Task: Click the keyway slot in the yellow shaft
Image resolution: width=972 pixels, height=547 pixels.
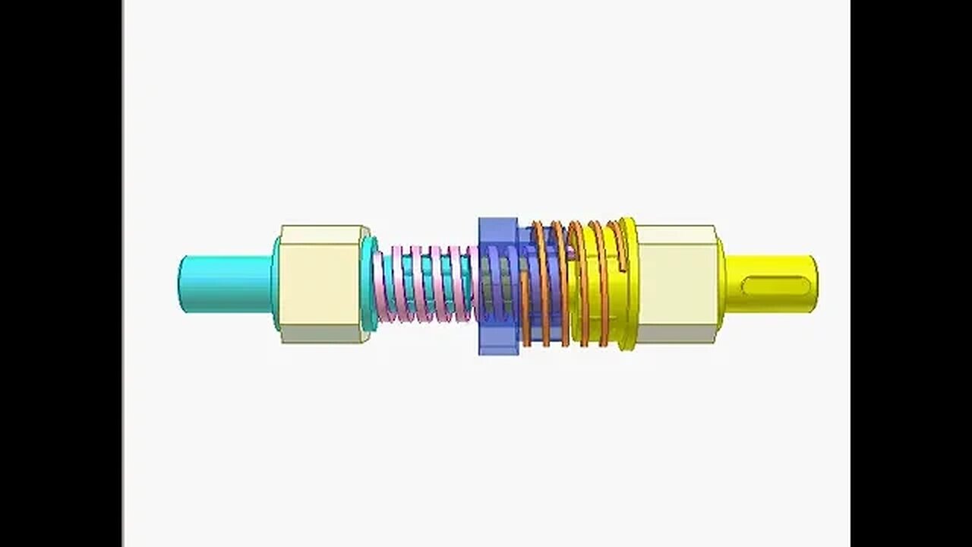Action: coord(775,286)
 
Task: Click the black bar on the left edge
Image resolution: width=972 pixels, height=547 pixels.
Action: coord(61,273)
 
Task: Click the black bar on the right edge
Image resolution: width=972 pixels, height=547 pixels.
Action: coord(911,273)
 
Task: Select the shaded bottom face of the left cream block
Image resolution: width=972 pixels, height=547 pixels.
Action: coord(323,334)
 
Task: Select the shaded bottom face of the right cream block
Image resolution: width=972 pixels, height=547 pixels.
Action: coord(676,334)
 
